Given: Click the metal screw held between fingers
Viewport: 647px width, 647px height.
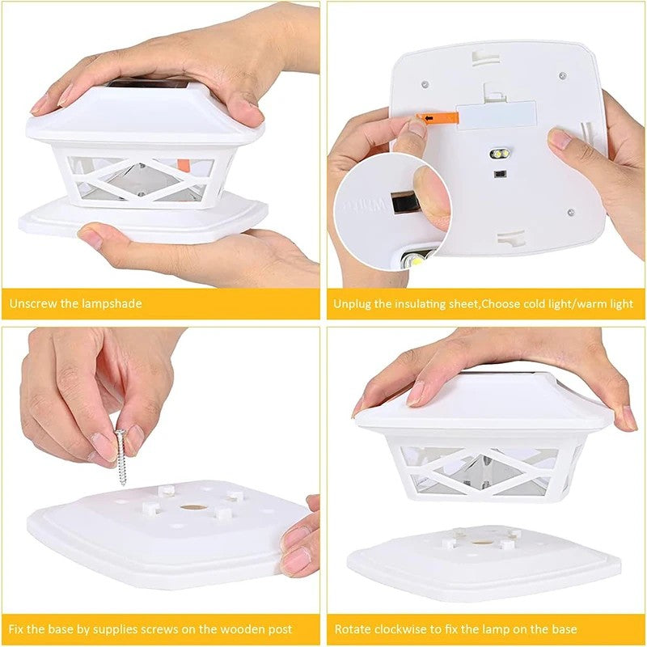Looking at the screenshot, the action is [121, 457].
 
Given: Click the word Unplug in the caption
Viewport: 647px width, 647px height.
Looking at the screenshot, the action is [352, 304].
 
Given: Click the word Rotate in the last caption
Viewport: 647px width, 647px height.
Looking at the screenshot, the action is [350, 629].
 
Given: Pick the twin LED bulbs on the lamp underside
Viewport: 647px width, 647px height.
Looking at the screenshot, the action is [500, 154].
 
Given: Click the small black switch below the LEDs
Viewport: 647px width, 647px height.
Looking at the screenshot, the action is [500, 174].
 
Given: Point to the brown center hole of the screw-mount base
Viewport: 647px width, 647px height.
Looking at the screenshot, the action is [193, 507].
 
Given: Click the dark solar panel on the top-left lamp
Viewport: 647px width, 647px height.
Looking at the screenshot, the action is [149, 84].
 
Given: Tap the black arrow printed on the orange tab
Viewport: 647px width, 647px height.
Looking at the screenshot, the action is [429, 118].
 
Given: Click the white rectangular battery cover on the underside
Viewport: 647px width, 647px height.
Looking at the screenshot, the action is [497, 116].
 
